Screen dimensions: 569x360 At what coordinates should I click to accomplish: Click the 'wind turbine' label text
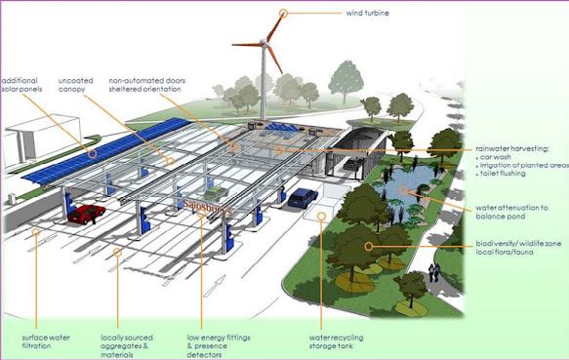[367, 13]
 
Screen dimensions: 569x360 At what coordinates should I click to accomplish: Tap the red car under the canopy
[87, 213]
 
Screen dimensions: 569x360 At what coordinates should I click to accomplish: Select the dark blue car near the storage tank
[303, 197]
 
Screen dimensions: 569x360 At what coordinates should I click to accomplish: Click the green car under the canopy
[216, 193]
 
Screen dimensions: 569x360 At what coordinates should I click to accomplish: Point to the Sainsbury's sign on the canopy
[207, 207]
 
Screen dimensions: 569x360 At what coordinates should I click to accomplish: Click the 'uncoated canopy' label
[75, 85]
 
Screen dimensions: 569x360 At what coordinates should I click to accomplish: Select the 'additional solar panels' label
[21, 85]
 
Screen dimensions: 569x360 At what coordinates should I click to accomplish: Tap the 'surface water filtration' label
[46, 341]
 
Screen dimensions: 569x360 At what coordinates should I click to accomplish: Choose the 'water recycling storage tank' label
[336, 341]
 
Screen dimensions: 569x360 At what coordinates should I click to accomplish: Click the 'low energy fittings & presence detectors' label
[219, 345]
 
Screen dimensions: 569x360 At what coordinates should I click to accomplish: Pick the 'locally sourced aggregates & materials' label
[127, 345]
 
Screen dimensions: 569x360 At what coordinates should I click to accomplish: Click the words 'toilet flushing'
[503, 174]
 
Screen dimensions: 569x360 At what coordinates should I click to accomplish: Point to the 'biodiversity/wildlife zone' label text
[518, 243]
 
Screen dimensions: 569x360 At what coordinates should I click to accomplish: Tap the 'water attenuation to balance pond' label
[511, 212]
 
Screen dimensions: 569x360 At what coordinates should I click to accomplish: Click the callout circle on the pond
[403, 190]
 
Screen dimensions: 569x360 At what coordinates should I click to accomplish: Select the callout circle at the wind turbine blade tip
[283, 14]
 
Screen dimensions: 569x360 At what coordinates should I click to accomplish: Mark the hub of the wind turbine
[264, 44]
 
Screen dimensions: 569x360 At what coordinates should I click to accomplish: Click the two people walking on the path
[434, 272]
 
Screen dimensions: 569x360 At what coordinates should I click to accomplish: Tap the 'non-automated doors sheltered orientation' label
[147, 85]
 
